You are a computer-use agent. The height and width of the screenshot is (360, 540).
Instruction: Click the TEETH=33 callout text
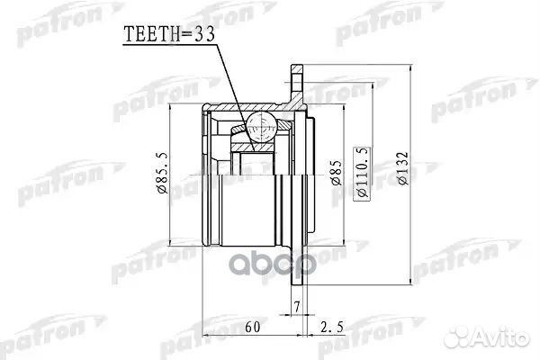coord(169,34)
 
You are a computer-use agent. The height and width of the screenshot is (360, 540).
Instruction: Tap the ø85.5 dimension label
coord(162,173)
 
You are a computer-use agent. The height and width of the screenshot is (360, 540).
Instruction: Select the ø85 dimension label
coord(336,173)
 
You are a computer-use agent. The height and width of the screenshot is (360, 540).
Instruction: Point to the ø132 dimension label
coord(402,168)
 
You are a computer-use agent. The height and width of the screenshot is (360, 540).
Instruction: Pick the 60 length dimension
coord(252,327)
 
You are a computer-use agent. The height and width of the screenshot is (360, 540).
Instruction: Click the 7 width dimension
coord(297,306)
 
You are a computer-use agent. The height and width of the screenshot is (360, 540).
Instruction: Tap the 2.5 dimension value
coord(332,327)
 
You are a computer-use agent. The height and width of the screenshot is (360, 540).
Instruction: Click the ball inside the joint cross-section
coord(262,128)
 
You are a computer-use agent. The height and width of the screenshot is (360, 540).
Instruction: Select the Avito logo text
coord(501,336)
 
